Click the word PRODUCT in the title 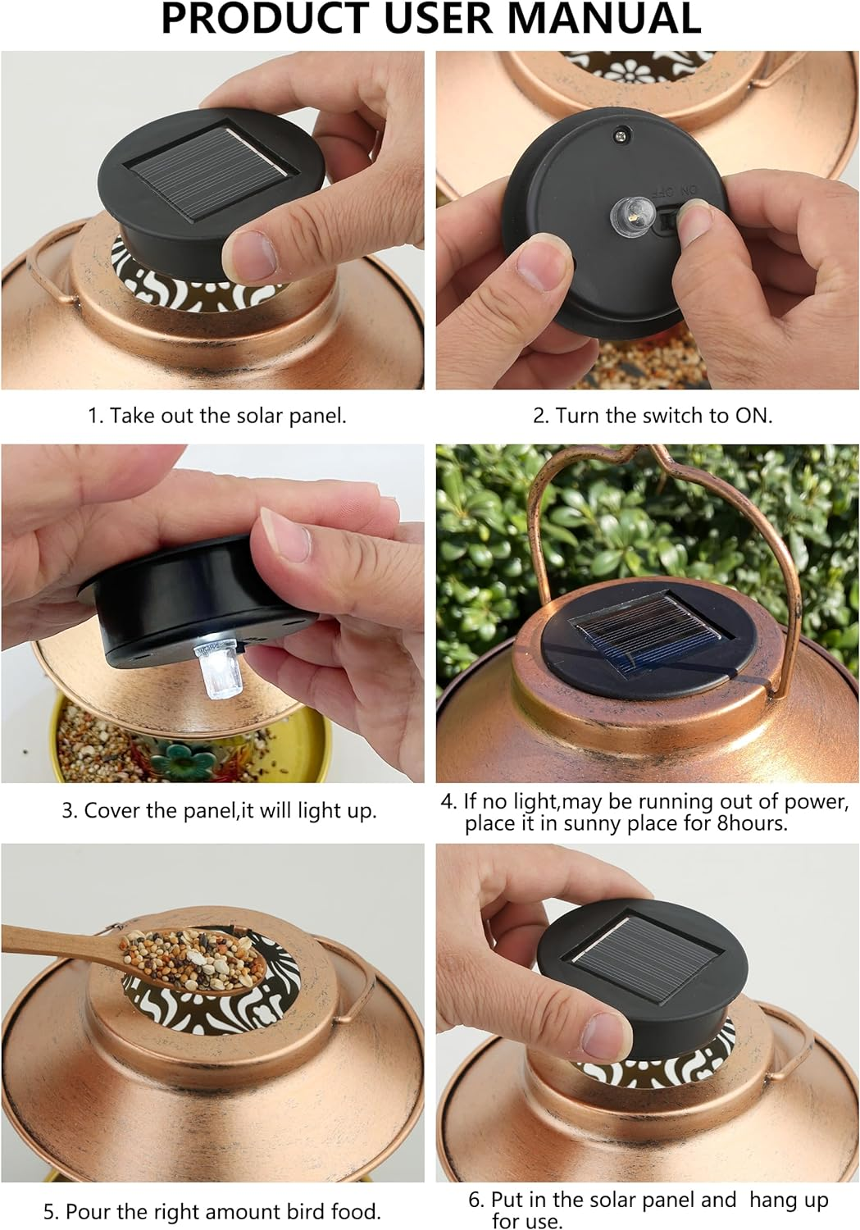pos(266,20)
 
